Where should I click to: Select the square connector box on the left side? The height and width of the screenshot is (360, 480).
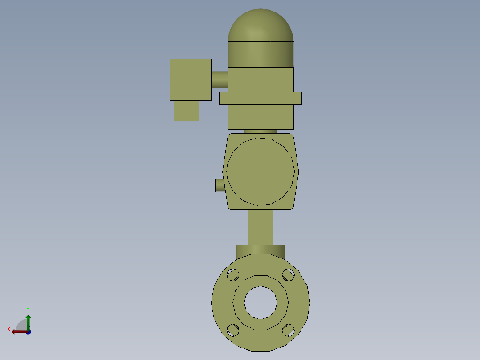click(x=190, y=79)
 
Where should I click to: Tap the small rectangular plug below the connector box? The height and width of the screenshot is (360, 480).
click(x=186, y=110)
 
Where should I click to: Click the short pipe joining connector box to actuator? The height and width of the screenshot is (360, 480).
click(x=219, y=80)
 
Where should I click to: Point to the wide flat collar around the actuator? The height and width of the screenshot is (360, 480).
click(x=260, y=98)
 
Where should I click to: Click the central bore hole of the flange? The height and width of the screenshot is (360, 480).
click(x=260, y=303)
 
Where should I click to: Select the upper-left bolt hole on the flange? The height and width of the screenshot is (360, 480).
click(x=232, y=275)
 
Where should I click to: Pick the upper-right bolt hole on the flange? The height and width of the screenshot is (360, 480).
click(x=289, y=275)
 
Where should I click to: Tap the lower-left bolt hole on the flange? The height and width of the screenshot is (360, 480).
click(x=232, y=330)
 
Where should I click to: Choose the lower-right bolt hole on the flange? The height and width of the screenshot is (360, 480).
click(x=289, y=330)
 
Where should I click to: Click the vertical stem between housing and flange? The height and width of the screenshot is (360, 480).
click(x=260, y=227)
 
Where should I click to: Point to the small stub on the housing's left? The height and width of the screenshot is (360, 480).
click(x=220, y=185)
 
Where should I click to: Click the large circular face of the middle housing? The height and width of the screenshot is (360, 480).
click(x=260, y=172)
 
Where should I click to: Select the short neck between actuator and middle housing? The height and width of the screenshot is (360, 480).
click(x=260, y=131)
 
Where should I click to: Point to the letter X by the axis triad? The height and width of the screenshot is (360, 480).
click(x=9, y=330)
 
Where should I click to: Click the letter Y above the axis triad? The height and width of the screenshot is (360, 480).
click(x=28, y=309)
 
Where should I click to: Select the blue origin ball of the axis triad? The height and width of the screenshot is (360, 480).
click(x=28, y=332)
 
